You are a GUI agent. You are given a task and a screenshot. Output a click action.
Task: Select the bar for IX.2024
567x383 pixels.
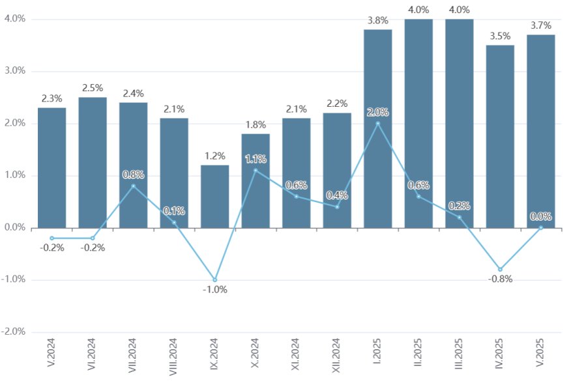coord(214,197)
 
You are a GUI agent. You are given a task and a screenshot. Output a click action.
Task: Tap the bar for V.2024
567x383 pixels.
coord(51,167)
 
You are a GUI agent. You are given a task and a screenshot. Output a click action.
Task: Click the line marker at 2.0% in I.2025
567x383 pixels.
coord(378,123)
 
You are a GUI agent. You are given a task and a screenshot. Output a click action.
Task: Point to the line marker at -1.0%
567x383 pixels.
coord(214,280)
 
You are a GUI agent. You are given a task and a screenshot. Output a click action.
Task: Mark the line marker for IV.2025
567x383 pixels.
coord(500,269)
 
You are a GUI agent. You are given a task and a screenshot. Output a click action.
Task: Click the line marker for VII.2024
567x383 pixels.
coord(133,186)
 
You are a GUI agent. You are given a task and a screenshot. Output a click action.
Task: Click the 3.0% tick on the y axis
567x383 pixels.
coord(14,71)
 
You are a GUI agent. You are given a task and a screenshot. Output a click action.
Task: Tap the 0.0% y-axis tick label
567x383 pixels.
coord(14,227)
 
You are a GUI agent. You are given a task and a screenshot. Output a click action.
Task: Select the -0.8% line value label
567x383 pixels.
coord(500,279)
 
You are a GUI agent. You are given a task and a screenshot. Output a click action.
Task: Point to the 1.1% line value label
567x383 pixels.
coord(255,158)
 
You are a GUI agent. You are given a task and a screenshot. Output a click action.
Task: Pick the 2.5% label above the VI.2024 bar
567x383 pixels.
coord(93,87)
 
